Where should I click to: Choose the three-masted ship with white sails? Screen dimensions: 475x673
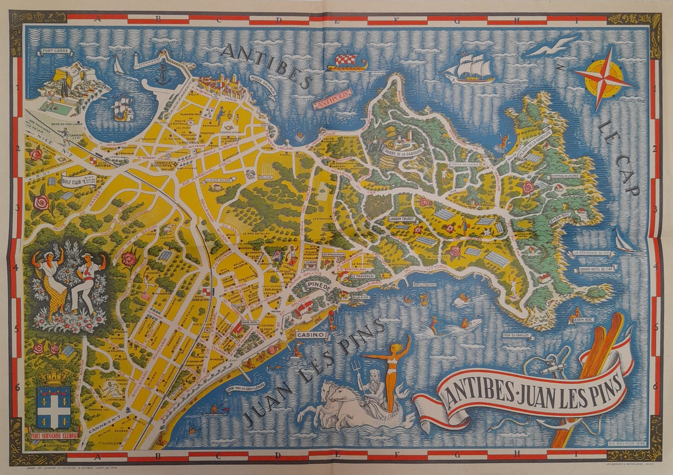470,68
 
